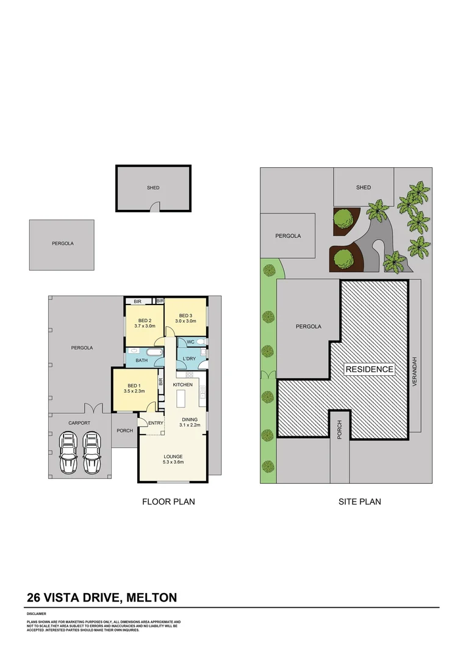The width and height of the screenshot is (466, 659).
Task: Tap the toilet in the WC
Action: tap(202, 342)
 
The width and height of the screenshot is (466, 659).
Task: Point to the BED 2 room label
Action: tap(145, 321)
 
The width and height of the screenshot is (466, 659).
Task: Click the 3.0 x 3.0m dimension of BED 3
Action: tap(185, 321)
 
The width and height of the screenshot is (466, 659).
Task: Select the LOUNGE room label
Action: tap(172, 456)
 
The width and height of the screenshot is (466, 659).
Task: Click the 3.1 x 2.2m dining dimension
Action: tap(189, 425)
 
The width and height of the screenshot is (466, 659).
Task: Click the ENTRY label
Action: tap(156, 423)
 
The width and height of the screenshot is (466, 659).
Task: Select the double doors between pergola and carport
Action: tap(92, 408)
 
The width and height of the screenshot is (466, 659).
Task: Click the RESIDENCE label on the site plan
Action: tap(370, 369)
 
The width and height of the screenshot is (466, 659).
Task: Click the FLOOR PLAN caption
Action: tap(168, 502)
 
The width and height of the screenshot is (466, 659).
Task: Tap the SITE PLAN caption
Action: tap(360, 502)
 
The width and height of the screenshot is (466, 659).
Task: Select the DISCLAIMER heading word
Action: tap(37, 613)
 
